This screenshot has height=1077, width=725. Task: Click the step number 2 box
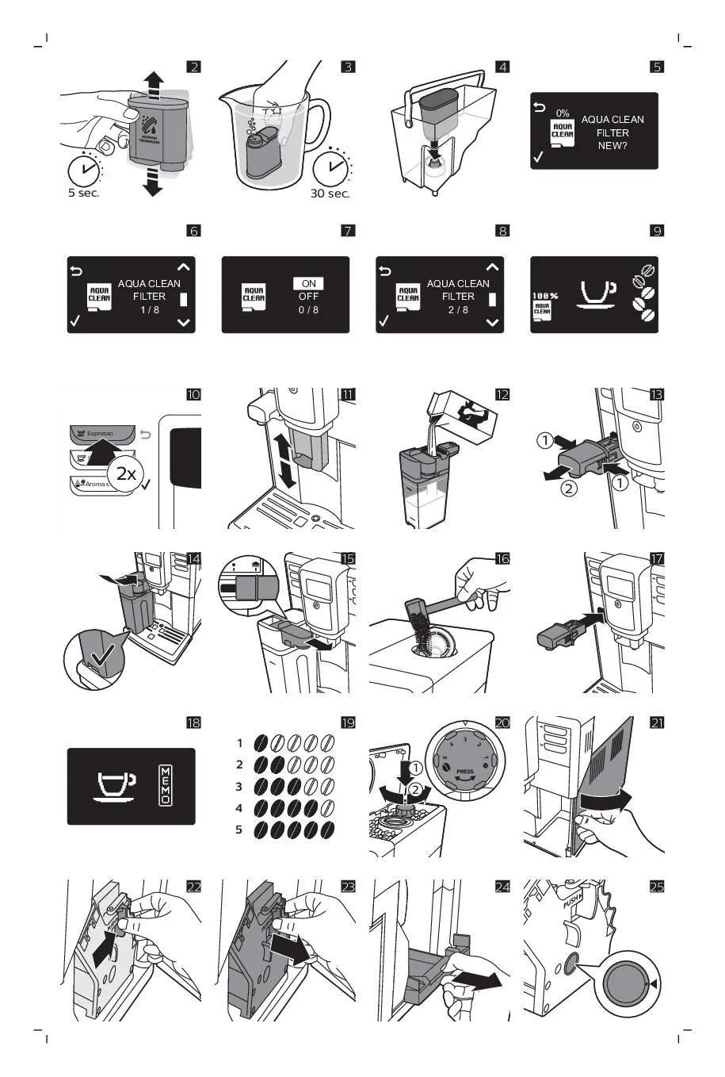click(x=193, y=67)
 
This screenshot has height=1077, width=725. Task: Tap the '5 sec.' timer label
click(x=83, y=194)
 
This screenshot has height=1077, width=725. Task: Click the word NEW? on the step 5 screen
click(x=612, y=146)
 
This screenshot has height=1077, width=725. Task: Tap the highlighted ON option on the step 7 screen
click(x=308, y=283)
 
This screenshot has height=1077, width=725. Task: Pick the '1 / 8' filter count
click(x=149, y=310)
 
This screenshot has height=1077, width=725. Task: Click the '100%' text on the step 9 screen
click(x=544, y=296)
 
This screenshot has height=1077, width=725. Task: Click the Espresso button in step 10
click(x=101, y=434)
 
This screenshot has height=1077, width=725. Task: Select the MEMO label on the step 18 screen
click(x=166, y=786)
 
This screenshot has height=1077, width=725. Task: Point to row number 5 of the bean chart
click(x=238, y=830)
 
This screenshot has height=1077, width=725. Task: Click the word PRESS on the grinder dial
click(x=465, y=771)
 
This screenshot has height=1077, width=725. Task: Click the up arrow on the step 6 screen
click(x=184, y=267)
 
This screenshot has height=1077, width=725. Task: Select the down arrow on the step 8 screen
click(x=493, y=323)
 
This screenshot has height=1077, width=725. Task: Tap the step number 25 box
click(x=657, y=887)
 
